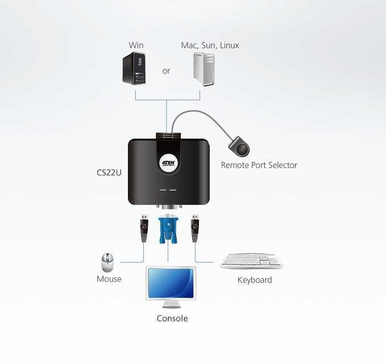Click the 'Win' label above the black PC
[x=136, y=45]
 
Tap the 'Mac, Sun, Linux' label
[x=210, y=45]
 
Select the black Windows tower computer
[x=134, y=68]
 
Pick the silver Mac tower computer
[x=204, y=69]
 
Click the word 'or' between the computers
[x=166, y=71]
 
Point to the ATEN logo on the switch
[x=169, y=162]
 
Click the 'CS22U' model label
[x=109, y=173]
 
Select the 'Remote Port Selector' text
[x=259, y=165]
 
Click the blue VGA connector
[x=168, y=228]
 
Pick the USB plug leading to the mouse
[x=144, y=228]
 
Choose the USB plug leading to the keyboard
[x=195, y=228]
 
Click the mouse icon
[x=107, y=262]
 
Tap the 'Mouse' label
[x=109, y=279]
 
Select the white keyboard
[x=251, y=261]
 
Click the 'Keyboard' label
[x=255, y=280]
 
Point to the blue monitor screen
[x=171, y=283]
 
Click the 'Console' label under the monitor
[x=172, y=319]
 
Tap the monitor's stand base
[x=172, y=306]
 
